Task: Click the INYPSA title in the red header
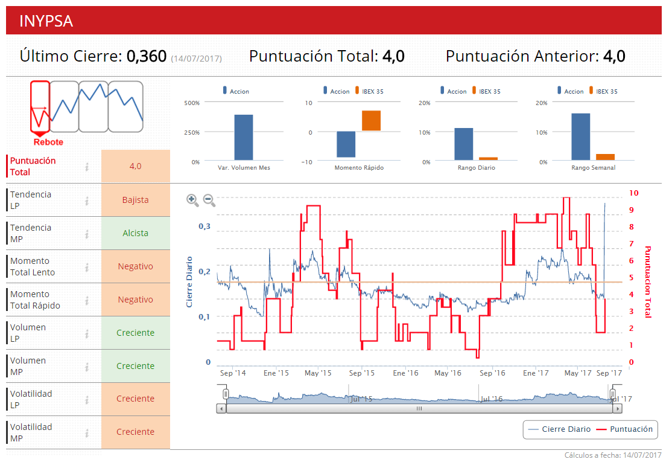click(46, 21)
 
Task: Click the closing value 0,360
click(146, 57)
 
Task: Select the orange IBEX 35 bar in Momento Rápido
click(371, 121)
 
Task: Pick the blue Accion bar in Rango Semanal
click(580, 136)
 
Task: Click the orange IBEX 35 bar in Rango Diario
click(488, 158)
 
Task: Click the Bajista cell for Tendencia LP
click(135, 200)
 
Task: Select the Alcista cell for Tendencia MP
click(135, 233)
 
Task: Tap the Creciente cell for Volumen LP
click(135, 333)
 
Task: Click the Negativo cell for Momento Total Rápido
click(135, 300)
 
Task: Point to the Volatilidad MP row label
click(31, 432)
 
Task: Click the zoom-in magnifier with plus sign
click(192, 200)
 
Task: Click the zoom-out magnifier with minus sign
click(209, 200)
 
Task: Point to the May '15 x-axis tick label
click(318, 373)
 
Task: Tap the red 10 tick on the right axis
click(633, 193)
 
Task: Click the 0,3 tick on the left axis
click(204, 226)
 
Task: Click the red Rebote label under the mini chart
click(48, 143)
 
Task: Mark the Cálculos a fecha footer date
click(613, 455)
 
